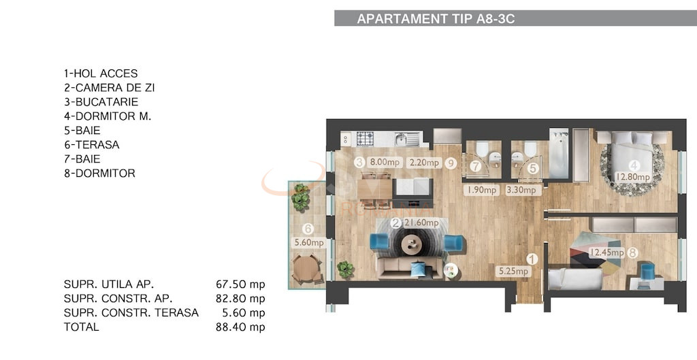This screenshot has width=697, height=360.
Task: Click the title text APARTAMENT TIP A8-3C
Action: pos(436,19)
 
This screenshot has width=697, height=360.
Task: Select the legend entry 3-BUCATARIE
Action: pos(101,102)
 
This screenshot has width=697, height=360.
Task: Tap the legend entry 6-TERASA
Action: pos(91,145)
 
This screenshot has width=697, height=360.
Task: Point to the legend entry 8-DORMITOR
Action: pos(99,174)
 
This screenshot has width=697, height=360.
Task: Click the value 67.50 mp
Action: pos(240,284)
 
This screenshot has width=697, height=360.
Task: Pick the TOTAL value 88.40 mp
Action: pos(240,327)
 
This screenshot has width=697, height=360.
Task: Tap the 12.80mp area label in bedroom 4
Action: pos(633,178)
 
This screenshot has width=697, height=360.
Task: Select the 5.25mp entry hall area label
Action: pos(513,272)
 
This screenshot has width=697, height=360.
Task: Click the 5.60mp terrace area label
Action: pos(308,242)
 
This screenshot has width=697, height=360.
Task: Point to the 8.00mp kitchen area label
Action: pos(384,163)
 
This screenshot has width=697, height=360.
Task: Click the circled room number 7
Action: pos(476,166)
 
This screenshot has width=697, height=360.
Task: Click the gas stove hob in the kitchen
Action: pos(366,138)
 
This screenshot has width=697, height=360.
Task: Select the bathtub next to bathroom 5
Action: pos(559,153)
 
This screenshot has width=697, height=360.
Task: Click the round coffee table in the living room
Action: pos(412,244)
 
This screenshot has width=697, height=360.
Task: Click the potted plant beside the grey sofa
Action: pos(346,269)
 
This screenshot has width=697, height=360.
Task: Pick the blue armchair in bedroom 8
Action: pos(647,271)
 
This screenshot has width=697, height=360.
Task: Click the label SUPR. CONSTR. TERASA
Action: pos(131,313)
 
